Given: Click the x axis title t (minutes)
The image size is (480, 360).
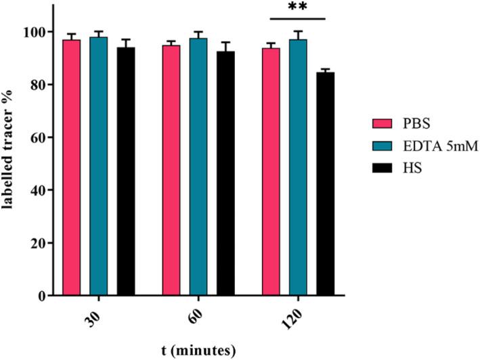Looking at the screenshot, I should [x=199, y=351].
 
